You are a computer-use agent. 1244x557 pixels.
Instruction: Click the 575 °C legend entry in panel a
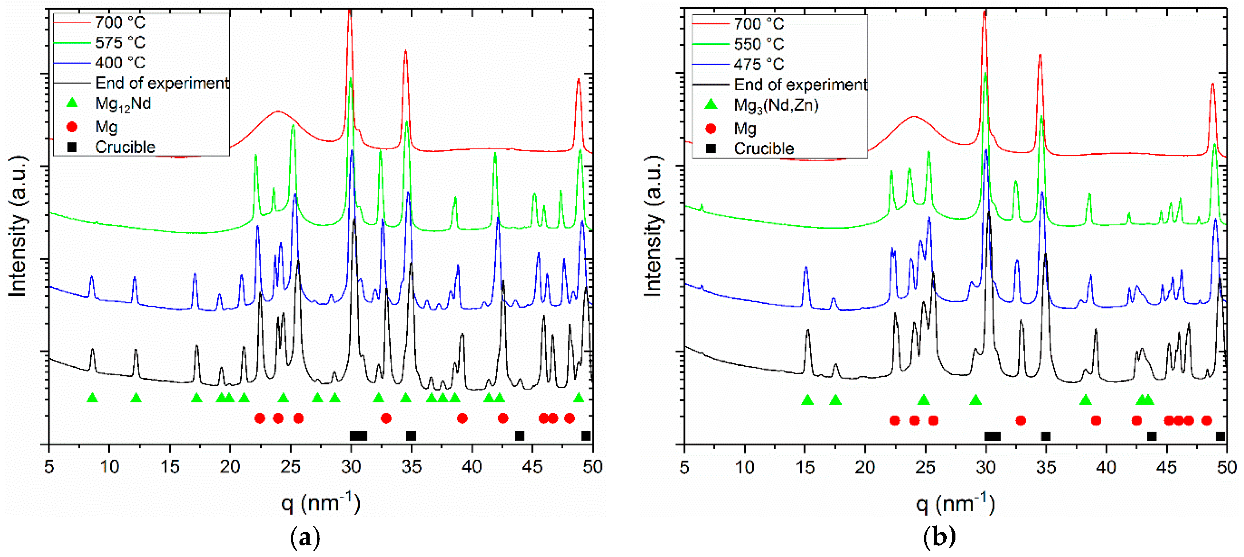[120, 43]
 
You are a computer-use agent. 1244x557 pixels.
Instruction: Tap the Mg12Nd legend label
[123, 104]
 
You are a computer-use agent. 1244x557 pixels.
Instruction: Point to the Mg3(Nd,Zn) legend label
[776, 105]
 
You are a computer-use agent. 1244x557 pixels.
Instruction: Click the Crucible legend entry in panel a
[125, 147]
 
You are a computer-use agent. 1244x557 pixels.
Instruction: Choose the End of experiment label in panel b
[800, 85]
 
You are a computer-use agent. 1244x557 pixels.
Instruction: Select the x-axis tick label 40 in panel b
[1106, 467]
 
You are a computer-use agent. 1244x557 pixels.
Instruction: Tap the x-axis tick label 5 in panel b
[684, 467]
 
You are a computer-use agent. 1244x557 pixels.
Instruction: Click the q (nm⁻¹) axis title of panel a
[321, 504]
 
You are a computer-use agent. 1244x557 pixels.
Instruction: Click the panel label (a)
[305, 537]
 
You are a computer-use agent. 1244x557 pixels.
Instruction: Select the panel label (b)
[939, 537]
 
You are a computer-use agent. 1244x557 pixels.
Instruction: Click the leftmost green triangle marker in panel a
[92, 398]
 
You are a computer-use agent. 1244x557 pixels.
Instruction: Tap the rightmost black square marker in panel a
[586, 436]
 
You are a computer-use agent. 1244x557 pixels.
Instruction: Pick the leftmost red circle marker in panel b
[894, 421]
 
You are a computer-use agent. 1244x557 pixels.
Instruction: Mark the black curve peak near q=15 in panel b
[808, 331]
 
